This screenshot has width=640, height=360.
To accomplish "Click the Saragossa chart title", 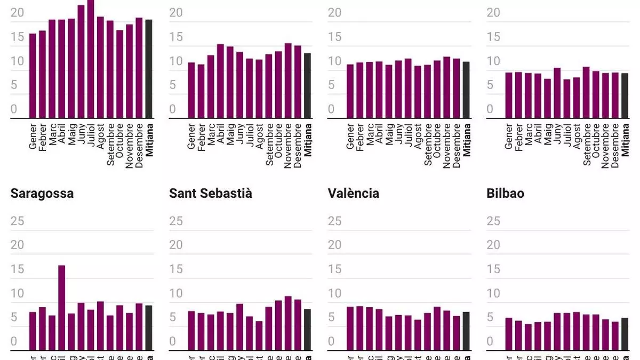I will [x=42, y=193].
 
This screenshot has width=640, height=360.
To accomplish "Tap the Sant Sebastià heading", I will [x=211, y=193].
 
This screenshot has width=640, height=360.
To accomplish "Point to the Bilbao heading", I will [x=506, y=193].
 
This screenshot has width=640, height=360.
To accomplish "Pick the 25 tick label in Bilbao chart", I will [x=494, y=221].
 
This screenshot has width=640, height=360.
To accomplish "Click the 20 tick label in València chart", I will [x=335, y=245].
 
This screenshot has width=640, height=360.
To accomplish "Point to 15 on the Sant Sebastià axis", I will [x=176, y=269].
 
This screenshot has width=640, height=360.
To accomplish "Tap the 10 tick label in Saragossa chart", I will [x=17, y=293].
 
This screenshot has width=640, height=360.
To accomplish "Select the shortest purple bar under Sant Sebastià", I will [x=259, y=335].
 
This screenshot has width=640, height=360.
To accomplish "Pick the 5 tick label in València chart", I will [x=335, y=318].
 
